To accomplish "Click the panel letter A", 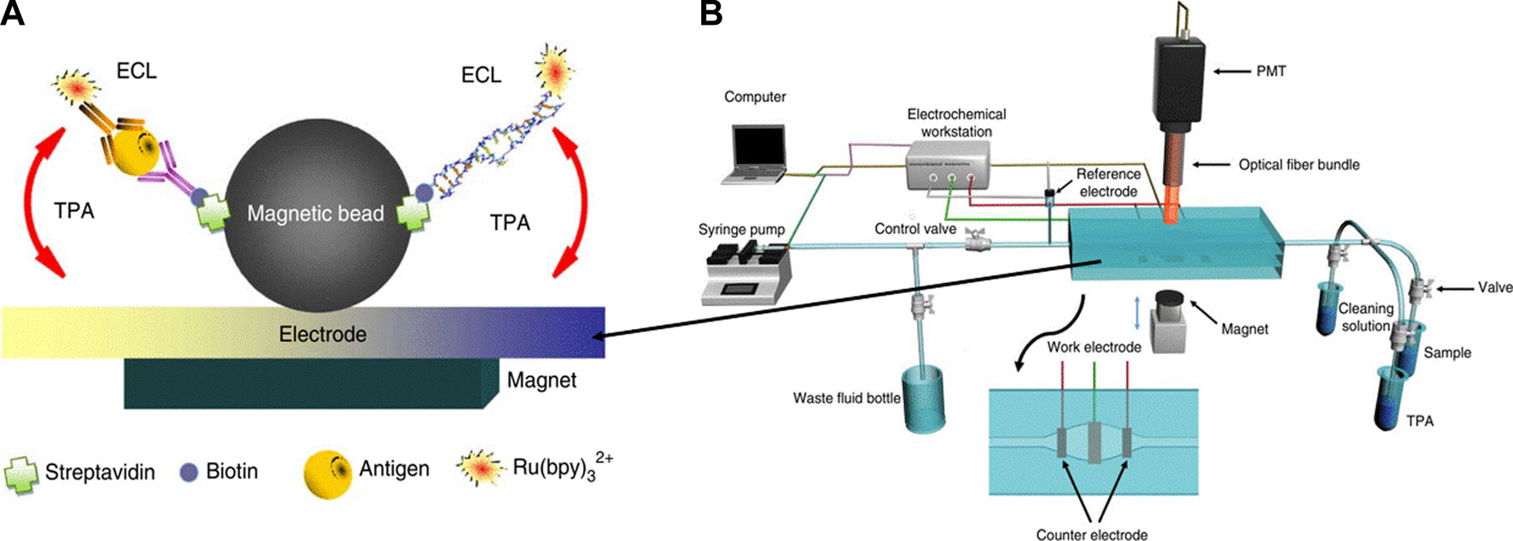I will coord(12,14).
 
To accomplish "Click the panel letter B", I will coord(710,14).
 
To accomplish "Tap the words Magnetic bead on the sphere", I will coord(315,214).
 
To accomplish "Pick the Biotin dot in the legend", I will coord(189,472).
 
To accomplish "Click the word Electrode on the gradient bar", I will coord(323,334).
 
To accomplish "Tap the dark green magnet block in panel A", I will coord(307,384).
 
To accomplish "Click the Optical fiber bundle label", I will coord(1299,164).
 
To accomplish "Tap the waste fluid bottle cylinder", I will coord(924,397).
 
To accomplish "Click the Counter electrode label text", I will coord(1091,534).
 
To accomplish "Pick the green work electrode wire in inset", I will coord(1094,393).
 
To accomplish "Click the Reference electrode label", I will coord(1107,182).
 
